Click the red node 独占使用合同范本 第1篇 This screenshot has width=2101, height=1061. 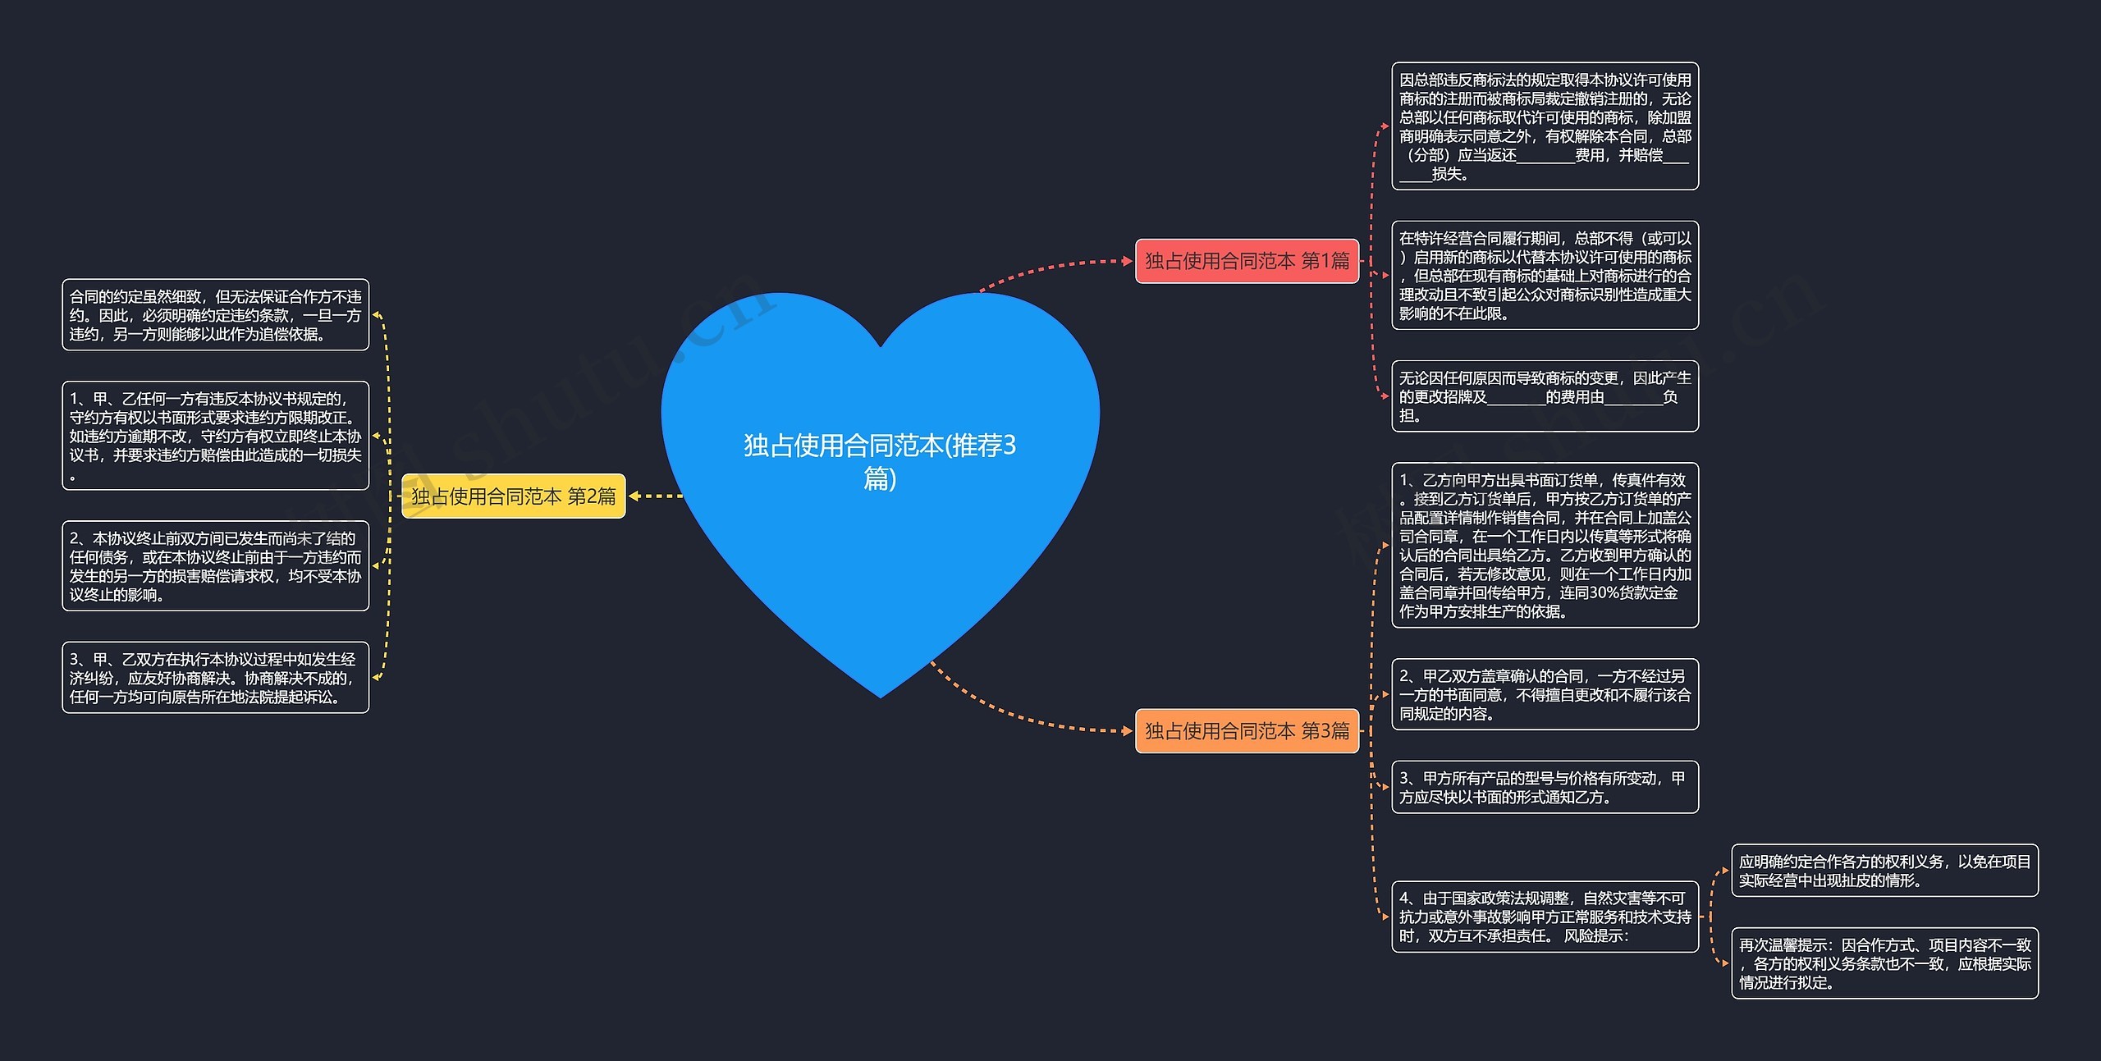[1247, 261]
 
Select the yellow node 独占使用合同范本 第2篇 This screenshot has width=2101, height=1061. [513, 496]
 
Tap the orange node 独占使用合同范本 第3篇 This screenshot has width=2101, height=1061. [1247, 730]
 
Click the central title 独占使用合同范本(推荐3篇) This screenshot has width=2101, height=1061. [880, 461]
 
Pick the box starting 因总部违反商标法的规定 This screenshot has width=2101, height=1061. [1545, 126]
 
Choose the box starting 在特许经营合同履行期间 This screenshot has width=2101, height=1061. [1545, 276]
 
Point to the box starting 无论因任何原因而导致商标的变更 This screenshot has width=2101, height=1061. [1545, 396]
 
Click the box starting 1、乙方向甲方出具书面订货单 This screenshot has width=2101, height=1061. [1545, 545]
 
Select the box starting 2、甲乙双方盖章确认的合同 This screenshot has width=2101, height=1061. [1545, 694]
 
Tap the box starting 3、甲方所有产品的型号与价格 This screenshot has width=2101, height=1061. [1545, 787]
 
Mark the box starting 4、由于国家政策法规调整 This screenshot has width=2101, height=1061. [1545, 917]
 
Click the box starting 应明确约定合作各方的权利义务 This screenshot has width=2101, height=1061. [1884, 871]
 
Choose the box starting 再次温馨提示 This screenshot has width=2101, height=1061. [1884, 963]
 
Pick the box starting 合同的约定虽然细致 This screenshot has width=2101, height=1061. [215, 315]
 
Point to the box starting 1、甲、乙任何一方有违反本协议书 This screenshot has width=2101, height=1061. [215, 436]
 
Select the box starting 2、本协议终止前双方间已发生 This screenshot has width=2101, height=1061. [215, 566]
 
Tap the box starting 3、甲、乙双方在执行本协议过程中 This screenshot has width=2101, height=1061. [215, 678]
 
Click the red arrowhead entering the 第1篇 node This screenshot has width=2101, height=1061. [1128, 261]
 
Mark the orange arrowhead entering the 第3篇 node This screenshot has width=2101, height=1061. [1128, 730]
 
